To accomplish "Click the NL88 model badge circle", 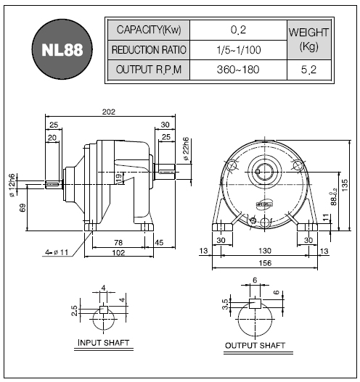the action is (62, 49).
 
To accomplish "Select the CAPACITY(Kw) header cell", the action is (149, 30).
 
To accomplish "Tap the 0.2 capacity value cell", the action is (238, 30).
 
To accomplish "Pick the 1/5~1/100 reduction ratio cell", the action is (238, 50).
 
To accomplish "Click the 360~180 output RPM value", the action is (238, 70).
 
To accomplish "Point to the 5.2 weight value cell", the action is (309, 70).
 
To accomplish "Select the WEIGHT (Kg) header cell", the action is (309, 40).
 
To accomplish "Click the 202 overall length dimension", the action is (109, 112).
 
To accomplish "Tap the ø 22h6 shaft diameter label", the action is (186, 149).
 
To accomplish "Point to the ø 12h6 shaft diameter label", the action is (12, 185).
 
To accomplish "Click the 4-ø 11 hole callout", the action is (57, 252).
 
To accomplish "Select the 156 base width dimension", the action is (265, 263).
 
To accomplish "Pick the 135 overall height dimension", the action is (345, 185).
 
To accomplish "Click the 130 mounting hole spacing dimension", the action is (265, 251).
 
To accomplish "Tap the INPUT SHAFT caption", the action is (103, 343).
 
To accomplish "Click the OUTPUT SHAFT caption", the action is (255, 346).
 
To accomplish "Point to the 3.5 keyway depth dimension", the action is (226, 304).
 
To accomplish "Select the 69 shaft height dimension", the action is (22, 208).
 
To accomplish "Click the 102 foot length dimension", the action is (118, 253).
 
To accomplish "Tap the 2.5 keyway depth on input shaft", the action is (75, 311).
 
